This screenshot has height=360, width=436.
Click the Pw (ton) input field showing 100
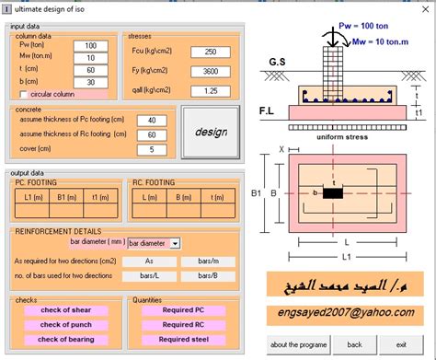pyautogui.click(x=90, y=45)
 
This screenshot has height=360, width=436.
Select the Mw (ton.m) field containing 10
pyautogui.click(x=90, y=57)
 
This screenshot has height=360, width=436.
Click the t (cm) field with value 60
pyautogui.click(x=90, y=70)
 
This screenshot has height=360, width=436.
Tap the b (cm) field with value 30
pyautogui.click(x=90, y=82)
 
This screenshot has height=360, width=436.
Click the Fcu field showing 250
pyautogui.click(x=210, y=52)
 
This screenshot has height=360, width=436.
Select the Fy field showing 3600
pyautogui.click(x=210, y=72)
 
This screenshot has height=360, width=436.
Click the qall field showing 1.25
pyautogui.click(x=210, y=91)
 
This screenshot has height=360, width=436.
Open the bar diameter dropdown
pyautogui.click(x=175, y=243)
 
